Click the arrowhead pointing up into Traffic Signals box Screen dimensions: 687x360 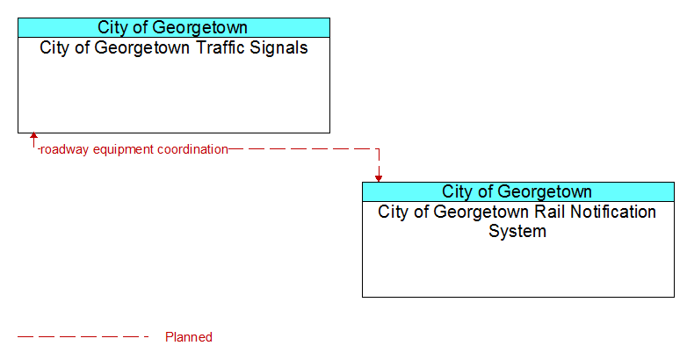(33, 136)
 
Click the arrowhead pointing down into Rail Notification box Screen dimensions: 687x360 (379, 179)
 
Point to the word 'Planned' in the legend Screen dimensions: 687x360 (189, 337)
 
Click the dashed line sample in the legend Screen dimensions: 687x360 (83, 337)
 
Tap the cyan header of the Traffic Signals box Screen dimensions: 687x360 (174, 27)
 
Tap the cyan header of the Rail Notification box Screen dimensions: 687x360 (518, 191)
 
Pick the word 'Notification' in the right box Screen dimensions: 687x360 (613, 212)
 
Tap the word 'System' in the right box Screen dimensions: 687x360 (517, 231)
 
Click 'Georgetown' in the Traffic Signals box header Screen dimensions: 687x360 (203, 27)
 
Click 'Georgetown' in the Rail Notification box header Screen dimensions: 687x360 (547, 191)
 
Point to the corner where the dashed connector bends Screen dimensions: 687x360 (379, 149)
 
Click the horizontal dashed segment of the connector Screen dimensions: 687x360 (304, 149)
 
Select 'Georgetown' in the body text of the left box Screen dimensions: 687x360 (143, 48)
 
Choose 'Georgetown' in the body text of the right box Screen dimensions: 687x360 (481, 212)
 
